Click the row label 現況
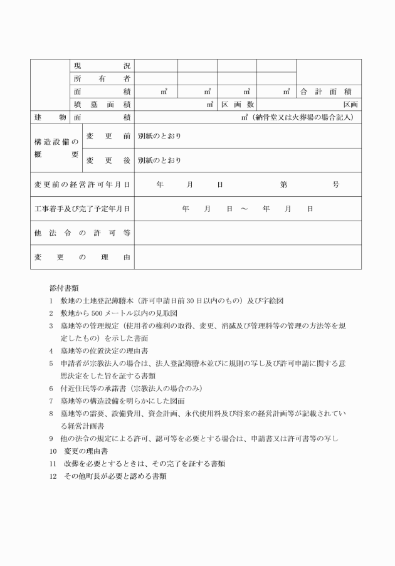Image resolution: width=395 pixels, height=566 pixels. click(x=102, y=66)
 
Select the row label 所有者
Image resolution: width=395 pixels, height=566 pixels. click(x=102, y=78)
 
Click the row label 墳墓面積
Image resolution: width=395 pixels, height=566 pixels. click(x=102, y=105)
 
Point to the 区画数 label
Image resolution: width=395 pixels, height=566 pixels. click(x=237, y=105)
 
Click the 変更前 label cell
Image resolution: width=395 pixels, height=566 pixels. click(x=108, y=136)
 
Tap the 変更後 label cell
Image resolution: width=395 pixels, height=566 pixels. click(x=108, y=160)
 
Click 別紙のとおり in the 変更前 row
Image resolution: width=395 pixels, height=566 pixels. click(x=159, y=136)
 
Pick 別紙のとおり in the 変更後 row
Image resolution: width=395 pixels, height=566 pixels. click(x=159, y=160)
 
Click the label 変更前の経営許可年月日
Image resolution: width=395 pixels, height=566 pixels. click(x=82, y=185)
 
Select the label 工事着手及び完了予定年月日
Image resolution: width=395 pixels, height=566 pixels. click(x=82, y=209)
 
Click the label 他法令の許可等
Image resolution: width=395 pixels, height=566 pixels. click(x=82, y=233)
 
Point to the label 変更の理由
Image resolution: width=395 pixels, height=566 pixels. click(x=82, y=257)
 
